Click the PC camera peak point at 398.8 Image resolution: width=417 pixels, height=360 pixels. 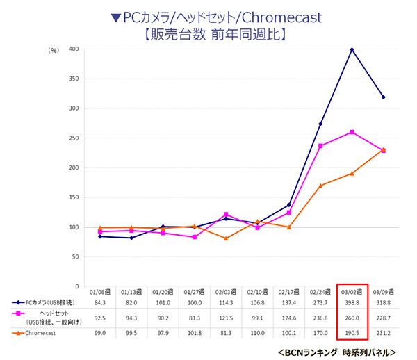pos(352,49)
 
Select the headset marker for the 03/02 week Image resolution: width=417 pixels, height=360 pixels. pos(352,132)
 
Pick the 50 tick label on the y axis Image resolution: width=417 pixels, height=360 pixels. pos(74,257)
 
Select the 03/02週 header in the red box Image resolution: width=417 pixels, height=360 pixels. pos(352,292)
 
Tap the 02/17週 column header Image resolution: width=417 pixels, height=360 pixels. pos(290,292)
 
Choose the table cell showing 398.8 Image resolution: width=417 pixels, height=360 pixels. pos(352,303)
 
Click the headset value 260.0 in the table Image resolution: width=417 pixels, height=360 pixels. pos(352,318)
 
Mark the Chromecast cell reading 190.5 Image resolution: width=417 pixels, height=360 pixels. pos(352,333)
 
